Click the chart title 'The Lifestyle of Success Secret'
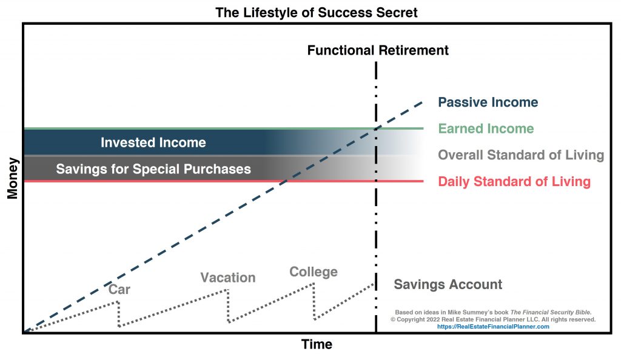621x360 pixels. [316, 12]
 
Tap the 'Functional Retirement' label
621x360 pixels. [378, 50]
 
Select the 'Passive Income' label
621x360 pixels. [488, 102]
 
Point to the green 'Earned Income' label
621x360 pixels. [486, 128]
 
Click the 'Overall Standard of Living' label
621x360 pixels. [521, 155]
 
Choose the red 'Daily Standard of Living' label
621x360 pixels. [514, 181]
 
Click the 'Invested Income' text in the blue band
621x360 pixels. [153, 142]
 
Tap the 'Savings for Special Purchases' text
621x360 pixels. [153, 169]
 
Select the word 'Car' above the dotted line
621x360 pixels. [119, 289]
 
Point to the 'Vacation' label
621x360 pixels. [228, 278]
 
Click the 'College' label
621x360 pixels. [314, 272]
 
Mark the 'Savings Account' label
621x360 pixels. [448, 284]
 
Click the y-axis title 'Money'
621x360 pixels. [13, 178]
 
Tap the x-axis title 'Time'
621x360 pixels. [317, 344]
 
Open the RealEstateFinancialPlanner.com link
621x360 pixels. [493, 327]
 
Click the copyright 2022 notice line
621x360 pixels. [493, 319]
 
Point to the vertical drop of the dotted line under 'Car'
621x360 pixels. [118, 314]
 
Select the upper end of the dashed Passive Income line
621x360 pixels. [422, 102]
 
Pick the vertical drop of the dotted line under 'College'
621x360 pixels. [314, 301]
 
